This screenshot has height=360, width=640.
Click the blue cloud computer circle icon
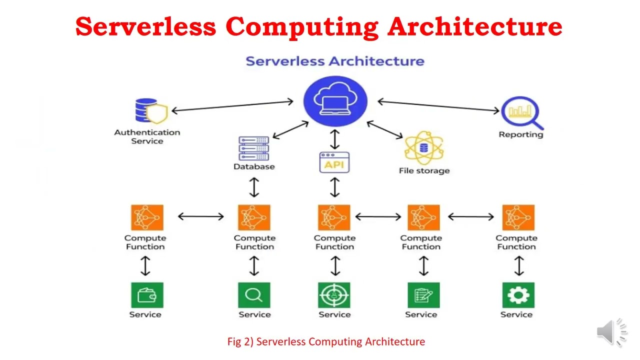(x=335, y=101)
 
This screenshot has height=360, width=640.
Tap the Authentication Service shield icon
(x=151, y=111)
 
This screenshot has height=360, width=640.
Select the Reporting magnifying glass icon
(x=521, y=112)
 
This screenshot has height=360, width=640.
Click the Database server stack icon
(x=254, y=148)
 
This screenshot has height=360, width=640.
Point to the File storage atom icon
(x=424, y=148)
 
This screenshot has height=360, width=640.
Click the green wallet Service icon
(x=147, y=295)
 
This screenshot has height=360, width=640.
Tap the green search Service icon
(x=254, y=295)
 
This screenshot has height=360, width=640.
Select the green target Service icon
(x=334, y=295)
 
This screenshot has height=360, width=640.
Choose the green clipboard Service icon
(x=423, y=295)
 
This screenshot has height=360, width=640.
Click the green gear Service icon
(x=518, y=295)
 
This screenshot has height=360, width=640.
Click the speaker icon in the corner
(x=611, y=331)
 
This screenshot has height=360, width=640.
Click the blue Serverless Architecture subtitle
(x=335, y=61)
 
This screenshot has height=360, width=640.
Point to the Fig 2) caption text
(x=326, y=341)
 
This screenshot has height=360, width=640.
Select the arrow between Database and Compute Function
(x=254, y=187)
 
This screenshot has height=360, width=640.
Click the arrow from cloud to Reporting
(x=438, y=105)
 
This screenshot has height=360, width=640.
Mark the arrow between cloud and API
(x=334, y=138)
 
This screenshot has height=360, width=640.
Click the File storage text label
(x=424, y=170)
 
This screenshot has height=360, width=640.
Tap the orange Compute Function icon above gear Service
(x=518, y=217)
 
